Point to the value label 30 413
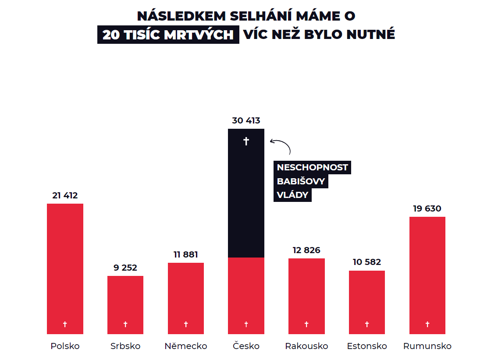246,120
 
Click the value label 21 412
65,195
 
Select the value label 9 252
125,268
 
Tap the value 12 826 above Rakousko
306,250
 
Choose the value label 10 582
367,262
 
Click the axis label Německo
186,346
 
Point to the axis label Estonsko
367,346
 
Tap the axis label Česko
246,346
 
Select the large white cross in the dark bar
246,141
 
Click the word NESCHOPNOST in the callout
312,167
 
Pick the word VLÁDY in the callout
292,195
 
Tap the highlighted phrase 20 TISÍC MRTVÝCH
168,35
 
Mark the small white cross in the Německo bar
186,325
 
